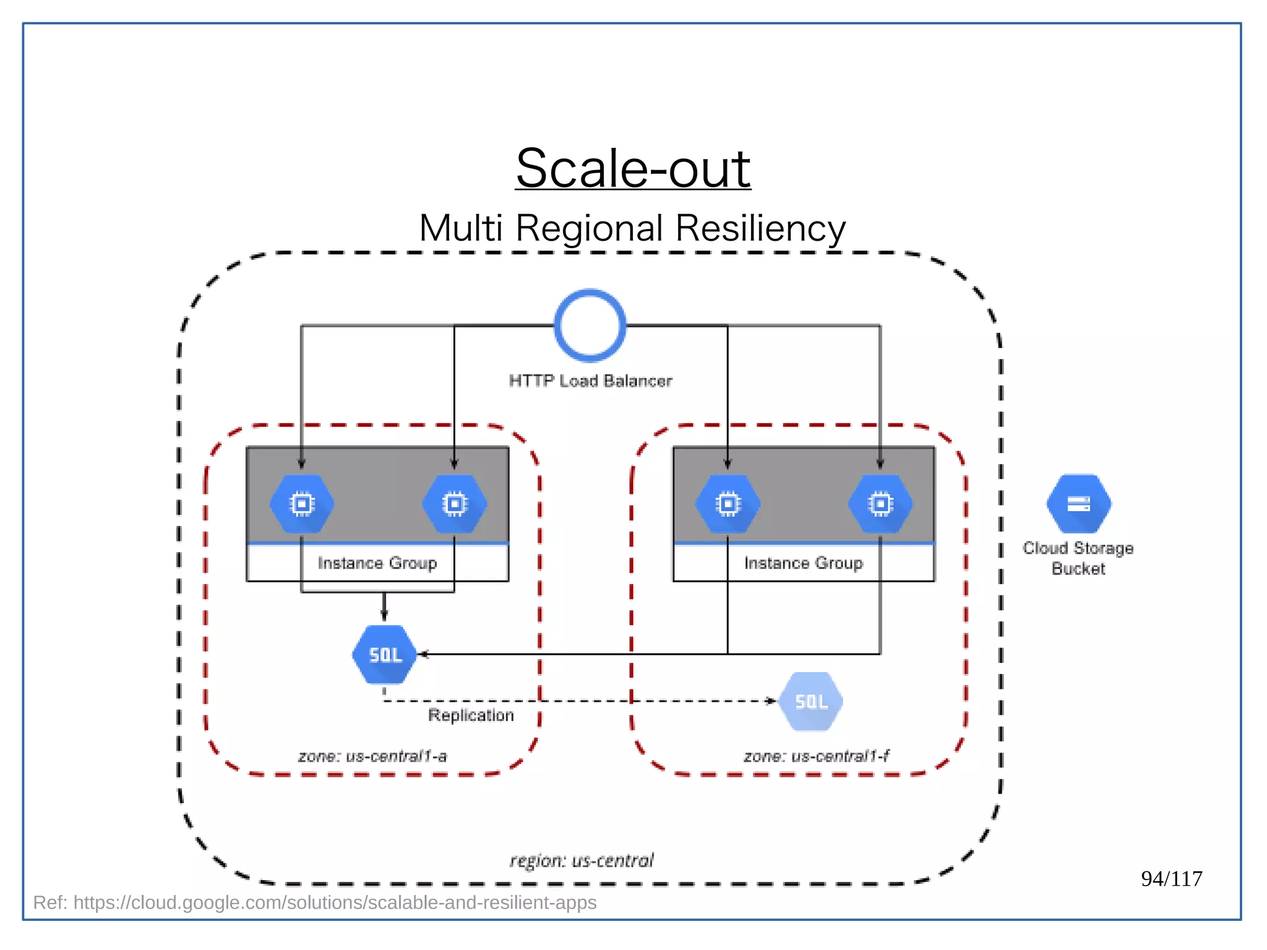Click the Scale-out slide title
click(633, 168)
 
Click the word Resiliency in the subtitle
click(760, 228)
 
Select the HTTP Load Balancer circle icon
click(590, 326)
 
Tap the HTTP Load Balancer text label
click(590, 381)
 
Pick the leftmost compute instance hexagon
click(302, 504)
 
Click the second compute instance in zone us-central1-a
click(455, 504)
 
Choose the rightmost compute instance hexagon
click(880, 504)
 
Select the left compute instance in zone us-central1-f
click(728, 504)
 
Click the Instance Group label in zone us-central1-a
click(377, 563)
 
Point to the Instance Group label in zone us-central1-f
click(804, 563)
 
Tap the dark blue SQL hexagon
click(385, 654)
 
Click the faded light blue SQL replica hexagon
click(811, 701)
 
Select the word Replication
click(471, 715)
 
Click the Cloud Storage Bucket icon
click(1078, 504)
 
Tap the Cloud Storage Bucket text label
click(1078, 558)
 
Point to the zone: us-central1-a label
click(372, 756)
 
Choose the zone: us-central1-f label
click(816, 756)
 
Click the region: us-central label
click(582, 861)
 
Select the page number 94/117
click(1171, 879)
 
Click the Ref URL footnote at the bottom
click(315, 903)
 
